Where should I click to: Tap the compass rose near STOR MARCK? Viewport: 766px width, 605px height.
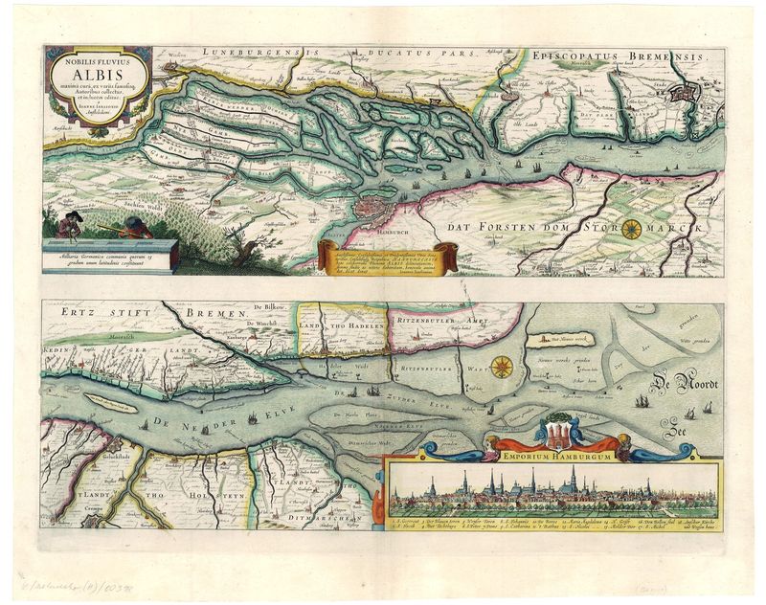click(x=633, y=229)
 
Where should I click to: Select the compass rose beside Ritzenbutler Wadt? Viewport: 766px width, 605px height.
click(x=502, y=365)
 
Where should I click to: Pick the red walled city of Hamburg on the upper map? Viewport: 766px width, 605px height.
click(x=369, y=212)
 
